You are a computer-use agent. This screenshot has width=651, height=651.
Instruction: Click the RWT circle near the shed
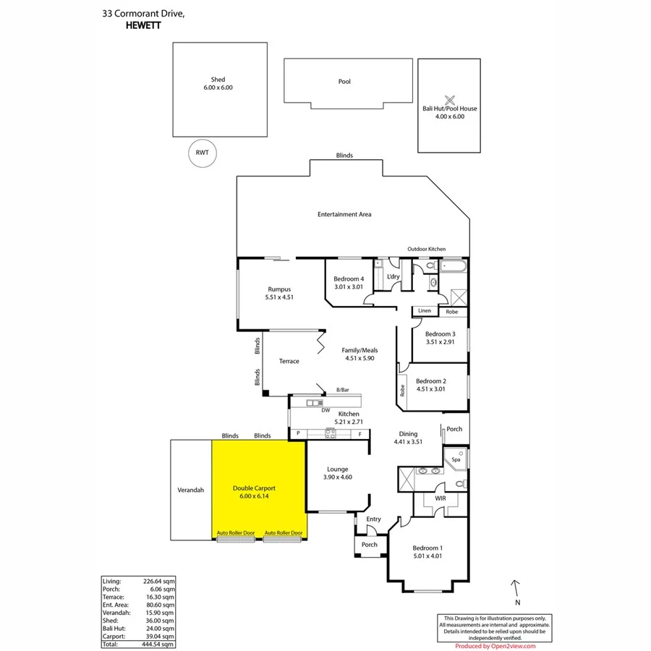[203, 153]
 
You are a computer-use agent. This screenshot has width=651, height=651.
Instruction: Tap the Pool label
[344, 82]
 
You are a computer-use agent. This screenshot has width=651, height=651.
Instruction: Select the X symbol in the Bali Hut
[449, 100]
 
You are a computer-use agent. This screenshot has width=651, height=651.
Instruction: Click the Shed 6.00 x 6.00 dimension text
[218, 88]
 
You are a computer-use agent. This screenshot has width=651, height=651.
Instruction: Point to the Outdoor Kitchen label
[427, 249]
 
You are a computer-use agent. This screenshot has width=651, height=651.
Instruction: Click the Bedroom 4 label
[348, 279]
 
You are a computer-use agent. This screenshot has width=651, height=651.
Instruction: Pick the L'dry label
[393, 277]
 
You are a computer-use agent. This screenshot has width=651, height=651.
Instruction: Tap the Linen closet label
[425, 311]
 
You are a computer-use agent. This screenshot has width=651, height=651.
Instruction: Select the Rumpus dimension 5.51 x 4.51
[278, 297]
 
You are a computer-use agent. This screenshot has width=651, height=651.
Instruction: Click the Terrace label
[289, 362]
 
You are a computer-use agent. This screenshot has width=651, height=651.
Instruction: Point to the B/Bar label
[343, 390]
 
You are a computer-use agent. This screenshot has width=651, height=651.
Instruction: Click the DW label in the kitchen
[325, 410]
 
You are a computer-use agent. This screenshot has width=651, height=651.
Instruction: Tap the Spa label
[456, 459]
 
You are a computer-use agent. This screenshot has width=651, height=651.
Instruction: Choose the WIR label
[441, 499]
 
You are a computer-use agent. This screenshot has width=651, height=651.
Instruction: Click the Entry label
[373, 519]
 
